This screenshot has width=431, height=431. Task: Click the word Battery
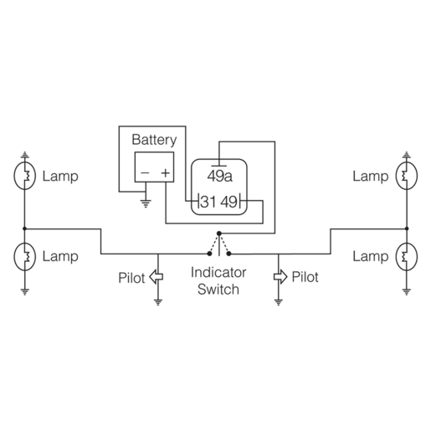click(154, 140)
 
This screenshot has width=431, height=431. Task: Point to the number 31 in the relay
click(208, 202)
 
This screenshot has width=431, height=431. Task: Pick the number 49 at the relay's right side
click(230, 202)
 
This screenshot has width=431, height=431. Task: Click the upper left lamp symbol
click(24, 177)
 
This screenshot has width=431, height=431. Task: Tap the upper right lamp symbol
click(406, 177)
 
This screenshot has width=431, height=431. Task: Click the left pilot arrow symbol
click(156, 277)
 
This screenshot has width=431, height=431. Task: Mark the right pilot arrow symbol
click(279, 277)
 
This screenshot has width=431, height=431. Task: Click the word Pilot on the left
click(131, 277)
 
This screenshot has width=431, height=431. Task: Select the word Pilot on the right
click(305, 277)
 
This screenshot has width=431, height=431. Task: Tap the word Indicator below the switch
click(218, 273)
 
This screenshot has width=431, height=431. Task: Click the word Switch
click(218, 290)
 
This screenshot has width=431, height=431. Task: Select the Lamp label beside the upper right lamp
click(370, 177)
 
